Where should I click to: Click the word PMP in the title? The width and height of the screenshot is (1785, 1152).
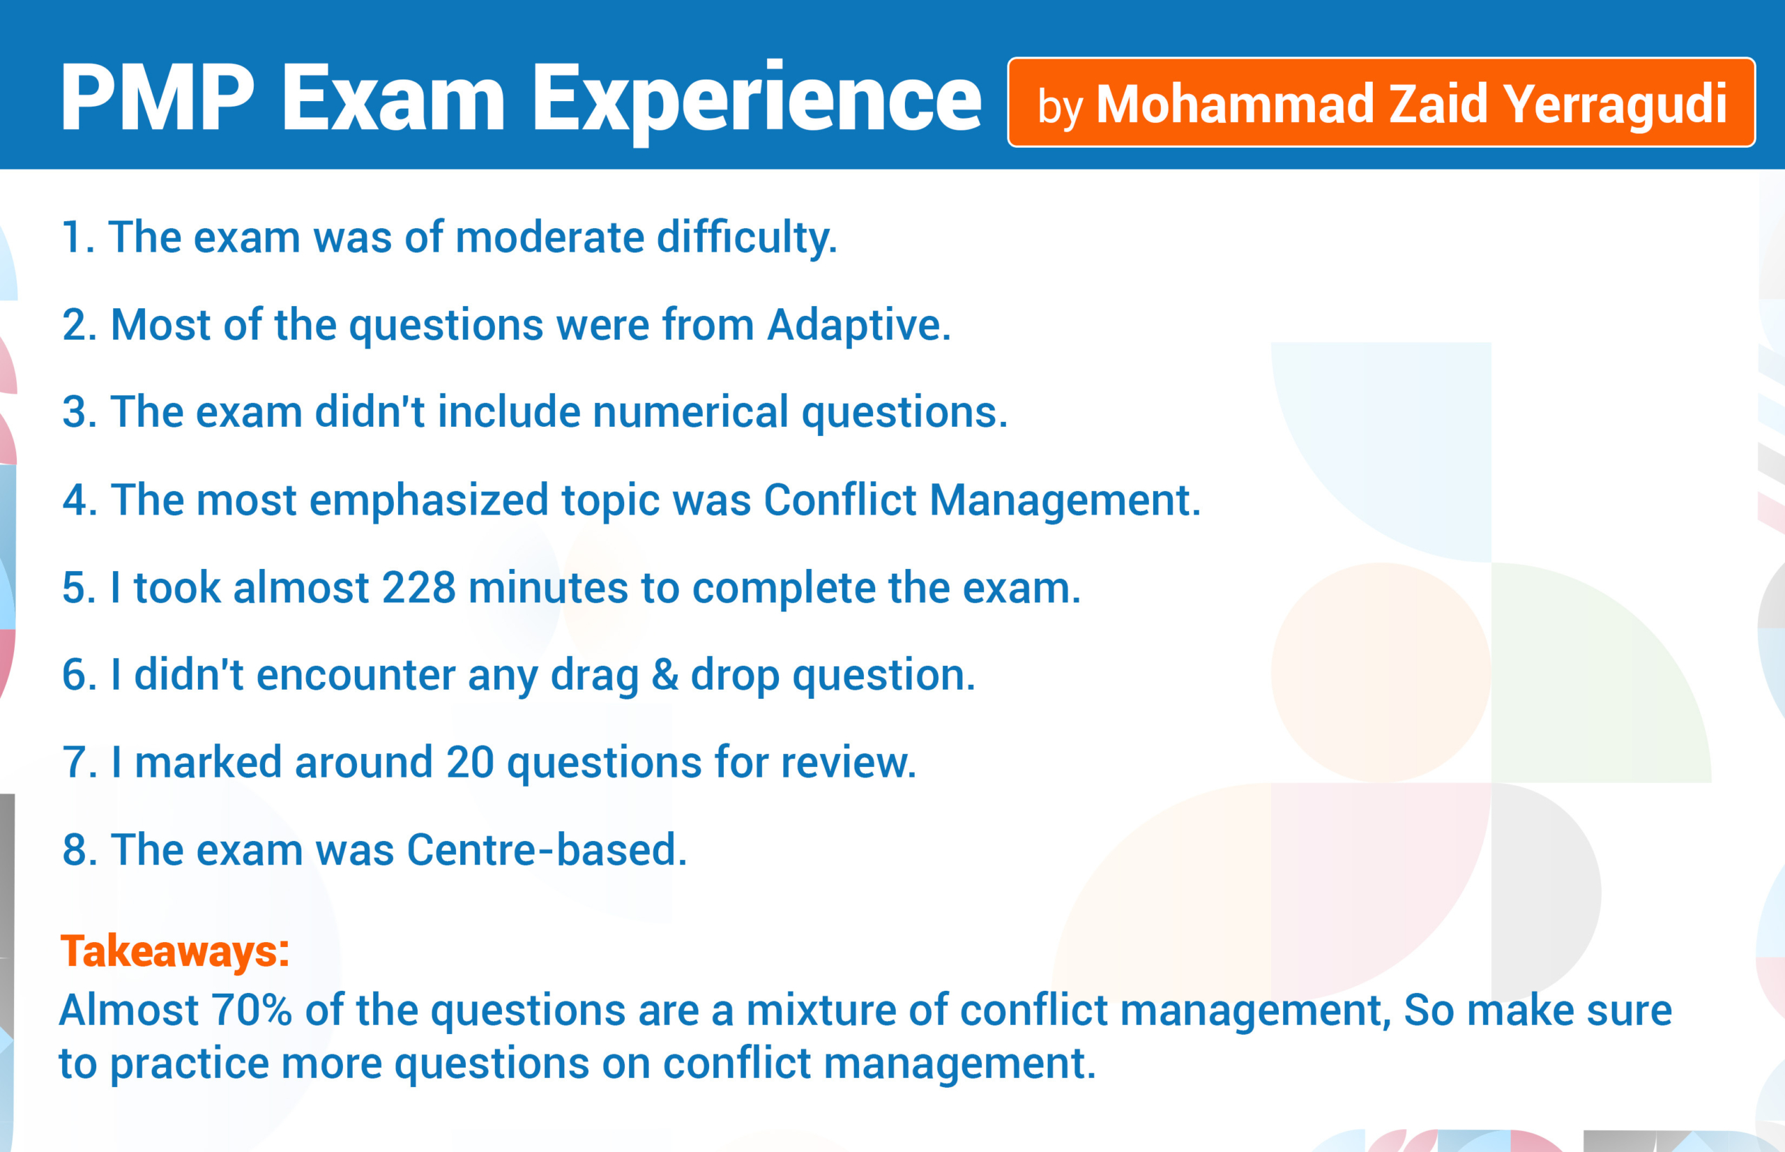(158, 98)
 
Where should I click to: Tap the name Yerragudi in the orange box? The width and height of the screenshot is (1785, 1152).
(1616, 103)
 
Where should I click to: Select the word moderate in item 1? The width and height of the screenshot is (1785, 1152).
(549, 237)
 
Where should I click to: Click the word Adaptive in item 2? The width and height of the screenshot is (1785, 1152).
(859, 326)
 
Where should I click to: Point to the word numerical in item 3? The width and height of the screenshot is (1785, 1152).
(690, 412)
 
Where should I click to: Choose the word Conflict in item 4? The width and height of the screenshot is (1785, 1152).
(840, 500)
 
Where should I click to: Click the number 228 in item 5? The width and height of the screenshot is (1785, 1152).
(419, 587)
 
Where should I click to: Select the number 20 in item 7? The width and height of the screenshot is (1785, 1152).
(471, 762)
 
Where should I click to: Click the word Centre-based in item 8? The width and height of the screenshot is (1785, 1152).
(547, 850)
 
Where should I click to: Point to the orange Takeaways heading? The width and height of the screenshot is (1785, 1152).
(174, 952)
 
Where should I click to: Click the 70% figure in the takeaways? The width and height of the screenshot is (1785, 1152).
(251, 1010)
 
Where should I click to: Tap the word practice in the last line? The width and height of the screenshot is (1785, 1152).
(189, 1064)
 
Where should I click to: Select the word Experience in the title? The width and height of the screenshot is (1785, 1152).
(756, 102)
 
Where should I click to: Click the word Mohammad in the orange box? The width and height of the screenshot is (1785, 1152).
(1235, 103)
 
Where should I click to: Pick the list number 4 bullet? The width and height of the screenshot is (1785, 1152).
(79, 500)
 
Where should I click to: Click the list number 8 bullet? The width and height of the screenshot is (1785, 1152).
(79, 850)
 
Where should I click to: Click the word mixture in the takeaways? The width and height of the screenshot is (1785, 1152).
(821, 1010)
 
